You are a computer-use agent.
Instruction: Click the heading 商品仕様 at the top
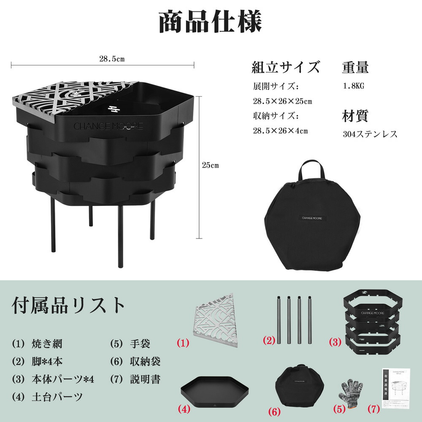coord(210,22)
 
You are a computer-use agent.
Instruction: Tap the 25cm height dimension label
coord(210,165)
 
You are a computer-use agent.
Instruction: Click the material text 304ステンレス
coord(370,134)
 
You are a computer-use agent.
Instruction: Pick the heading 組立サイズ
coord(285,67)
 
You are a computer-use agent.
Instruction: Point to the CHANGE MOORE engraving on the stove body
coord(108,126)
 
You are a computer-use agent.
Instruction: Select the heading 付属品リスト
coord(69,305)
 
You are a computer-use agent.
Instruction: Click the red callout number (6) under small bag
coord(275,410)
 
